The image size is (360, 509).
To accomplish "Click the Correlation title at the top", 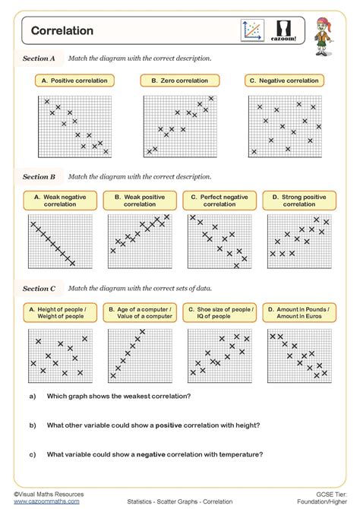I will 62,31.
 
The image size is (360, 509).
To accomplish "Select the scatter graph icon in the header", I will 251,30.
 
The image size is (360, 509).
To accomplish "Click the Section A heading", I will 39,58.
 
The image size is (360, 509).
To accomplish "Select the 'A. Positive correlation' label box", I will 74,80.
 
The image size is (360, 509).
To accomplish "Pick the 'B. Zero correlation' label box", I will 179,80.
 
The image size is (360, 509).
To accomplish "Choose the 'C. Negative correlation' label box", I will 286,80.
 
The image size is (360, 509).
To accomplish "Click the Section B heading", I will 39,176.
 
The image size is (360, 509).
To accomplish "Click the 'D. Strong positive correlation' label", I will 299,201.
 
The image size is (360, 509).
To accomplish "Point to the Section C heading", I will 39,289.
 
